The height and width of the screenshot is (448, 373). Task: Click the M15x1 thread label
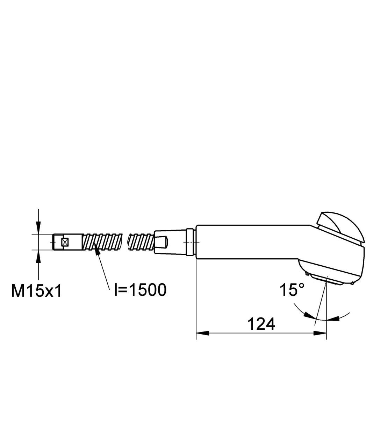[36, 291]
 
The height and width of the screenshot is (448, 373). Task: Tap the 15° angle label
[292, 290]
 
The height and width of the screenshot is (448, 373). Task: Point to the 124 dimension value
[261, 324]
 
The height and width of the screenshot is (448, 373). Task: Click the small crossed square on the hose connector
[64, 241]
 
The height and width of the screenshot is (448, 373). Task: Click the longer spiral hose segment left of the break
[103, 241]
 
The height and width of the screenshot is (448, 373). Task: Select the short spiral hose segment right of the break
[141, 242]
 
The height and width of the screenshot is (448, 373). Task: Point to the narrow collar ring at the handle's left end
[190, 242]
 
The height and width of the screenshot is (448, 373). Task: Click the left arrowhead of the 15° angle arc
[308, 316]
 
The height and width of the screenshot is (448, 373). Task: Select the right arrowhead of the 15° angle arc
[334, 318]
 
